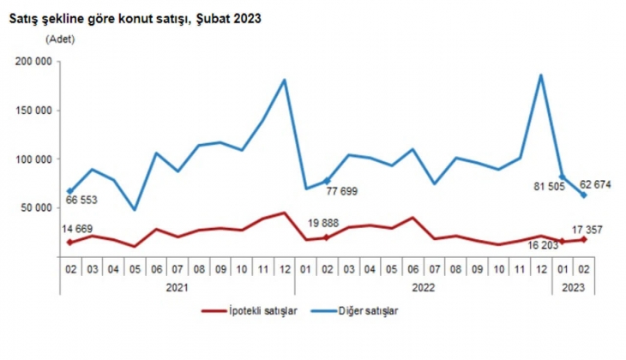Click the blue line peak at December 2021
pyautogui.click(x=283, y=80)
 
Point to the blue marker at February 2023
pyautogui.click(x=584, y=195)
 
